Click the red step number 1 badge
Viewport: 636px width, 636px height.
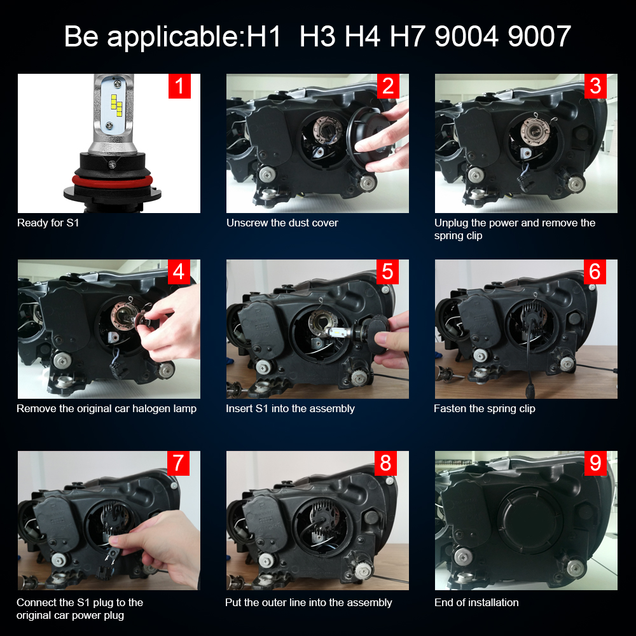(179, 86)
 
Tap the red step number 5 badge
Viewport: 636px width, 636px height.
(387, 272)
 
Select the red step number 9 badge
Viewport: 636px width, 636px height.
(595, 463)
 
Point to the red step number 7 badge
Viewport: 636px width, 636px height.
(178, 463)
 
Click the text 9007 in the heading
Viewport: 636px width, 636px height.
(539, 36)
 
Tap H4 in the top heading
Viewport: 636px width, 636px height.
(363, 36)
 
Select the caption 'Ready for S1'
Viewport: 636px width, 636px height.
(48, 223)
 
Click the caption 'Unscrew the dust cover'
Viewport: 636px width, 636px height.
(282, 223)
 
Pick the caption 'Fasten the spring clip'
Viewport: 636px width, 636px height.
(484, 408)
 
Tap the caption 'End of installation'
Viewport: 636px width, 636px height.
(476, 602)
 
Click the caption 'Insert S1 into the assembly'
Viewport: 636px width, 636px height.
(290, 408)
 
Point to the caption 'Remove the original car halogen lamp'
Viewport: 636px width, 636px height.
(106, 408)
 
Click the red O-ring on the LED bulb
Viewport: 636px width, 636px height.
(113, 181)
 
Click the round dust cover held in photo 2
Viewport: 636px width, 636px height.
(368, 138)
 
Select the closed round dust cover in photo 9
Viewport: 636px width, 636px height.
(530, 522)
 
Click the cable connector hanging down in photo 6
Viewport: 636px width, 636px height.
(530, 391)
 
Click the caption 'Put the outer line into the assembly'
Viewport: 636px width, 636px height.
(308, 602)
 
